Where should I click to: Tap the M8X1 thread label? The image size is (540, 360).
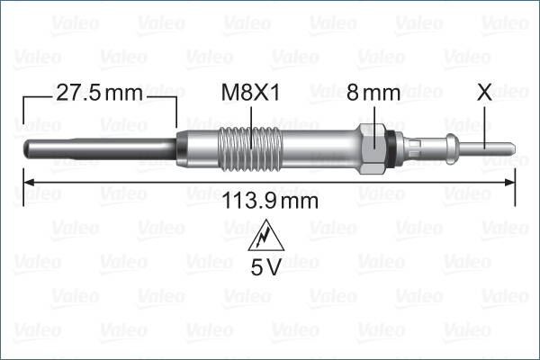pos(251,92)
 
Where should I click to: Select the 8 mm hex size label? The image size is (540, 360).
pos(373,92)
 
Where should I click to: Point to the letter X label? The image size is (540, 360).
pos(484,92)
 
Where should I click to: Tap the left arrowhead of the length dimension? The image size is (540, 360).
pos(28,182)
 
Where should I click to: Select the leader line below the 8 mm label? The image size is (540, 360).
pos(373,114)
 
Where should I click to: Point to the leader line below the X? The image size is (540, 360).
pos(484,121)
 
